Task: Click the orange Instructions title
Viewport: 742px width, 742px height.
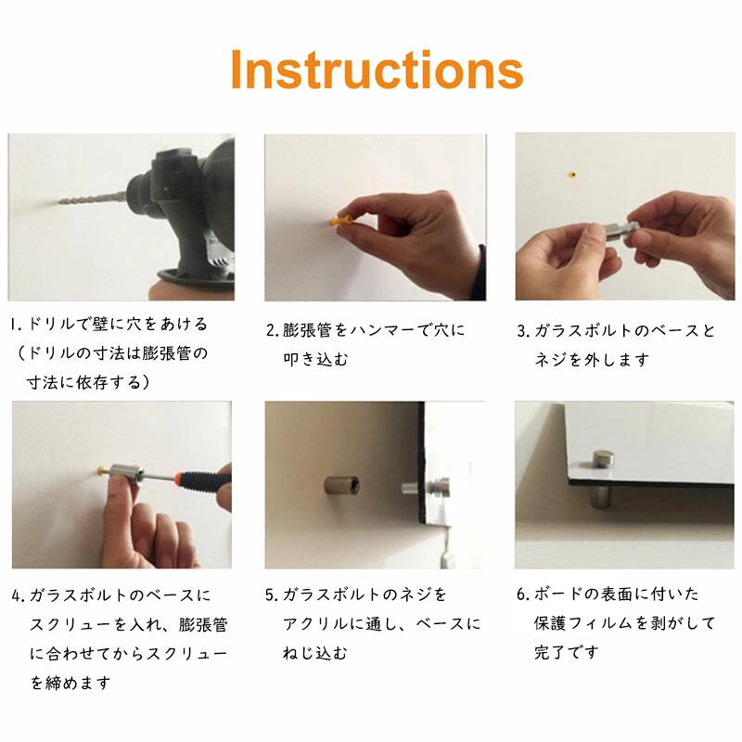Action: click(x=377, y=70)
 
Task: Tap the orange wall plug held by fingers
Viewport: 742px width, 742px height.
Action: click(x=340, y=220)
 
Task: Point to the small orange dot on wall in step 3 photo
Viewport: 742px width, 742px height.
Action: click(x=572, y=174)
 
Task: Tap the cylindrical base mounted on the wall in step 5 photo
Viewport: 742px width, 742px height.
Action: click(x=341, y=485)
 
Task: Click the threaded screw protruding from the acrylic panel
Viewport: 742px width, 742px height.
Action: click(x=414, y=489)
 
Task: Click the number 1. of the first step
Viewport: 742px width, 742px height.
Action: click(x=17, y=325)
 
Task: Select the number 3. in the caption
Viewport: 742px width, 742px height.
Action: click(x=523, y=331)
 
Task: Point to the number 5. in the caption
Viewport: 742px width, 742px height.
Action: click(x=272, y=595)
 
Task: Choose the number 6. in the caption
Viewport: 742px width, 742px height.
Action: click(x=523, y=594)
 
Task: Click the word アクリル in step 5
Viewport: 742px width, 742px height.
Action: click(x=315, y=624)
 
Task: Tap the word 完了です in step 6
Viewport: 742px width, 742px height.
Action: click(x=567, y=653)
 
